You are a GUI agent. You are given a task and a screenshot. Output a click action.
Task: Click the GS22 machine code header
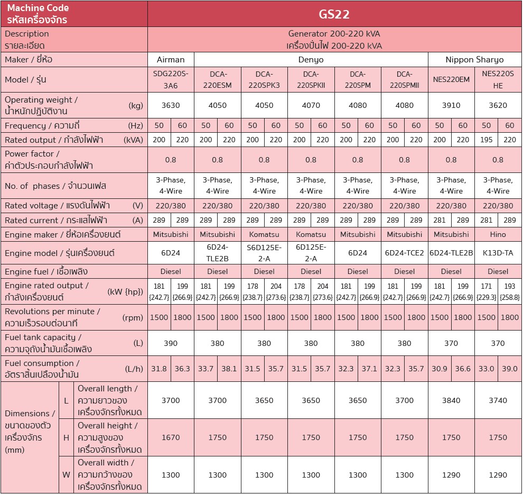334,14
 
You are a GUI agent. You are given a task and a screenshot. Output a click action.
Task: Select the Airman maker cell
171,59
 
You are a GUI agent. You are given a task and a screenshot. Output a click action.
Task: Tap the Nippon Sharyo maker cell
474,59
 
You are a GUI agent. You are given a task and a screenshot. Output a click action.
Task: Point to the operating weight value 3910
451,105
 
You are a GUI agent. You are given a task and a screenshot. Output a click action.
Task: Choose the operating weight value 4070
311,105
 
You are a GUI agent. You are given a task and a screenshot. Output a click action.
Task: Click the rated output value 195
486,140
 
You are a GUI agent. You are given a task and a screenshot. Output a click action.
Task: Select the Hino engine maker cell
498,234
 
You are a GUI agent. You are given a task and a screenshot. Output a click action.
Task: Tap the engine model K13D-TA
498,253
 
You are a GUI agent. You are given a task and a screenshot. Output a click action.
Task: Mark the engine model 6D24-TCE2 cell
404,253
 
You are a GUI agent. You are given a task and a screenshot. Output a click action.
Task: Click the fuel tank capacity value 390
171,343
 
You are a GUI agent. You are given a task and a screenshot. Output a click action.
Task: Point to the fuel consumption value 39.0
509,369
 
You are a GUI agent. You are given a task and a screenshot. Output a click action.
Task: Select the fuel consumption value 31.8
159,369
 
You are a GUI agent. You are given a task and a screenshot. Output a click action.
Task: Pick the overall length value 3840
451,400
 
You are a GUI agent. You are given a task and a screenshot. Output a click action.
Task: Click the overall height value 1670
171,437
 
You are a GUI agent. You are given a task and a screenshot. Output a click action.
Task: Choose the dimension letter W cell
66,474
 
